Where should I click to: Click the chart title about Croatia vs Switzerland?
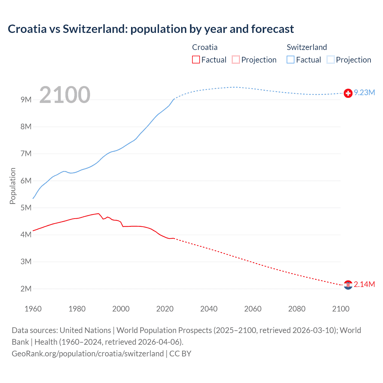151,29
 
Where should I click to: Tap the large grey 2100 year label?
65,95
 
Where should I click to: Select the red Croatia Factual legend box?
196,60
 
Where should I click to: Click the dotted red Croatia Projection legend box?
236,60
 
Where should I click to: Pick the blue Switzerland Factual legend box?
291,60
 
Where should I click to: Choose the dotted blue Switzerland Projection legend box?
331,60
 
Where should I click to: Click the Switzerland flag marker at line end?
348,93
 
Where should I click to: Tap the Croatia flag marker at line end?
348,285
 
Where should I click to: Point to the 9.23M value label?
364,93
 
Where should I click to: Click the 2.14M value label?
364,284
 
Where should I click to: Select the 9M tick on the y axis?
26,100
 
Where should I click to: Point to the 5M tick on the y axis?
26,208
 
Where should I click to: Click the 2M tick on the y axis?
26,289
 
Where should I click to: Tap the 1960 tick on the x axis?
33,309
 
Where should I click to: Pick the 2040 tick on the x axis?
209,309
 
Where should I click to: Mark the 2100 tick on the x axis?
341,309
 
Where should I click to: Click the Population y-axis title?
13,186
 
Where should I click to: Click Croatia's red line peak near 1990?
98,214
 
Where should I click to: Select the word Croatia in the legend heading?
205,47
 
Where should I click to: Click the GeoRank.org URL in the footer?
88,354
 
